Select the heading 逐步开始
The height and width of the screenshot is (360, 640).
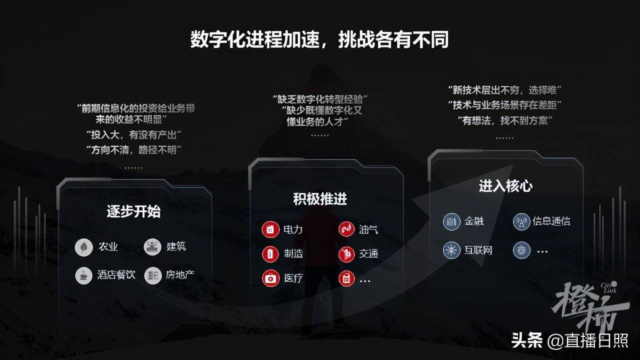[x=133, y=211]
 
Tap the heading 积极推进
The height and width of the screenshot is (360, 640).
[x=320, y=199]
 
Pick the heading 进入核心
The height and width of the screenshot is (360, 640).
[x=505, y=186]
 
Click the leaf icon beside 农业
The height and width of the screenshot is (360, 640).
[x=83, y=247]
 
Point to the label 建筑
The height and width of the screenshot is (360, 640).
[x=176, y=246]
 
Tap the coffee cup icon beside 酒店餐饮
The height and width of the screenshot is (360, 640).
[x=83, y=275]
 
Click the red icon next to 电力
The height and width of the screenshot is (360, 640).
[x=270, y=230]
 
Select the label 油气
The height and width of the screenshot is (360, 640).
[x=368, y=229]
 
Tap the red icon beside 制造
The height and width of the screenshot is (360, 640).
[x=270, y=254]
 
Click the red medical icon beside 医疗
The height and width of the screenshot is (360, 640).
[x=270, y=278]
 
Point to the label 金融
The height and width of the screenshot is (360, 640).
[x=474, y=221]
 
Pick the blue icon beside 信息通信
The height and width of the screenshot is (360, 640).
[x=521, y=221]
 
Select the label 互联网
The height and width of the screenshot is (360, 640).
[x=478, y=250]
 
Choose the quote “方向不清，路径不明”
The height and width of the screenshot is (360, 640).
[x=133, y=149]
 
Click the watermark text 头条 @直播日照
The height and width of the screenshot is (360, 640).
[x=569, y=340]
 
